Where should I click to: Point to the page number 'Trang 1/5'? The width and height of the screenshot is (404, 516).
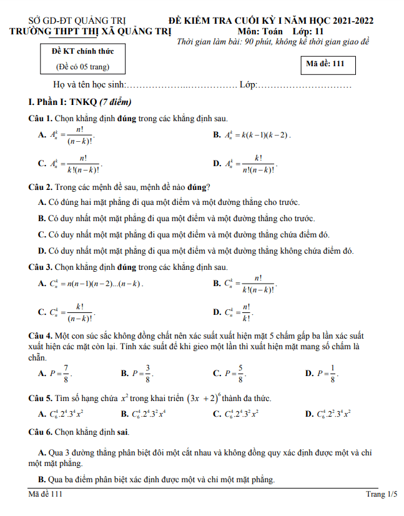pyautogui.click(x=382, y=495)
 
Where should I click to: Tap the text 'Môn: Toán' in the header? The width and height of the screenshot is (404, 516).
pyautogui.click(x=260, y=31)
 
